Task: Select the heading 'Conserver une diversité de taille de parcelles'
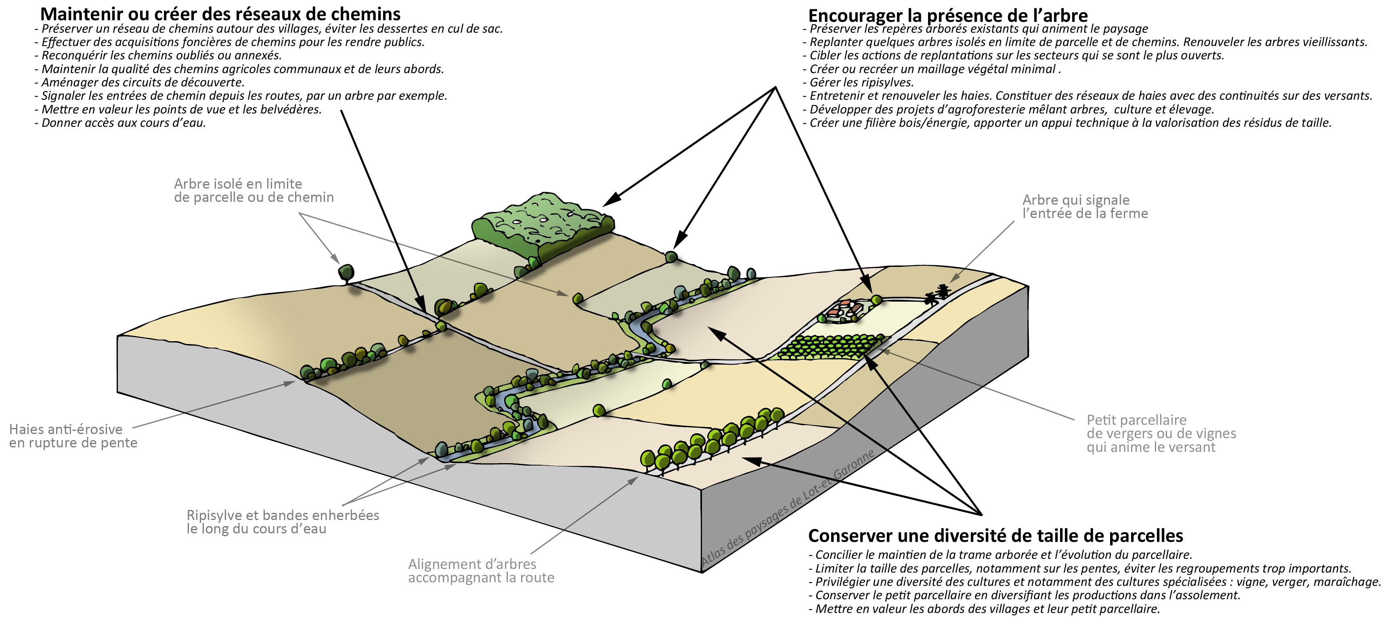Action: pyautogui.click(x=996, y=535)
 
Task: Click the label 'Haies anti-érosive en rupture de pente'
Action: pyautogui.click(x=73, y=436)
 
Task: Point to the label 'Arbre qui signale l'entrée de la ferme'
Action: pyautogui.click(x=1084, y=206)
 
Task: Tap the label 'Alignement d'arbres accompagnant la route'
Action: pyautogui.click(x=481, y=571)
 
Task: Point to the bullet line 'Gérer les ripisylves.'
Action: pyautogui.click(x=861, y=82)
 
